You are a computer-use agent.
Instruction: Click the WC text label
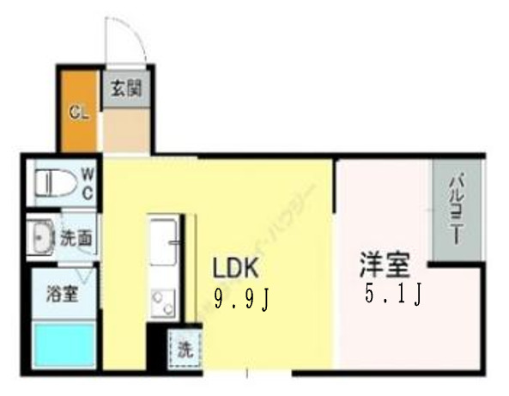tap(88, 181)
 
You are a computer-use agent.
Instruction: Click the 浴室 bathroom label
tap(63, 294)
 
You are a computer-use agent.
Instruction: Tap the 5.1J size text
tap(391, 295)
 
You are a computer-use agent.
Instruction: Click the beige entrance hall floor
tap(126, 131)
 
